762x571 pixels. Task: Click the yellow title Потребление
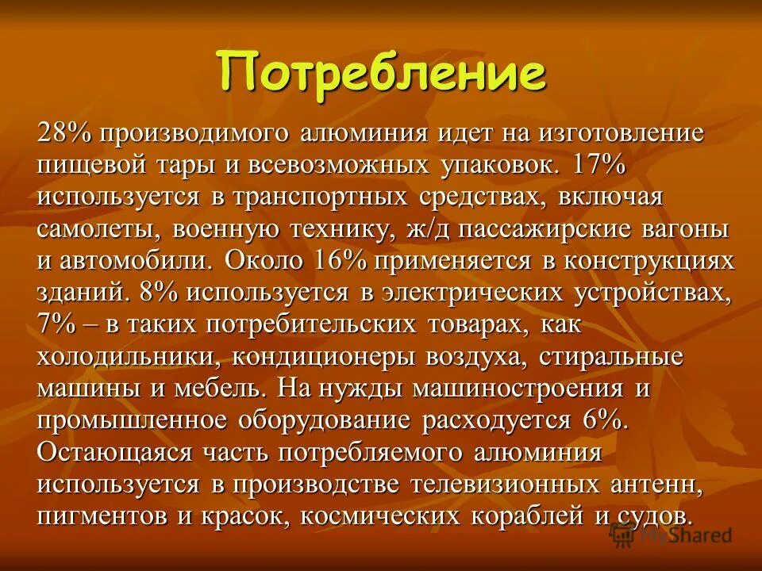tap(383, 74)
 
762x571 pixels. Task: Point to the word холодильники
tap(127, 356)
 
